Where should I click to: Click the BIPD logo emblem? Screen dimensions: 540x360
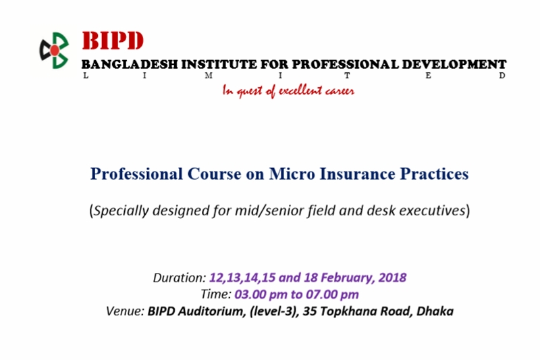pyautogui.click(x=54, y=50)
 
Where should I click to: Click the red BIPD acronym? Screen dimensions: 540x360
pyautogui.click(x=112, y=41)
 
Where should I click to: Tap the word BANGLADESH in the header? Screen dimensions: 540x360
pyautogui.click(x=130, y=64)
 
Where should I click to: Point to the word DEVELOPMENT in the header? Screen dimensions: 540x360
pyautogui.click(x=454, y=64)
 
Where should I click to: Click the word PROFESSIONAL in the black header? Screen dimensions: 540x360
pyautogui.click(x=345, y=64)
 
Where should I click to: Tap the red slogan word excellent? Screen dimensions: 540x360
pyautogui.click(x=300, y=91)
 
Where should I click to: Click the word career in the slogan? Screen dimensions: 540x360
pyautogui.click(x=340, y=91)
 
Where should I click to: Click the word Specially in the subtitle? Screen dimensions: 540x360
pyautogui.click(x=122, y=211)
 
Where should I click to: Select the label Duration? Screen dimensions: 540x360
pyautogui.click(x=180, y=278)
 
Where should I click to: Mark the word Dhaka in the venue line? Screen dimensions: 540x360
pyautogui.click(x=435, y=311)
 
